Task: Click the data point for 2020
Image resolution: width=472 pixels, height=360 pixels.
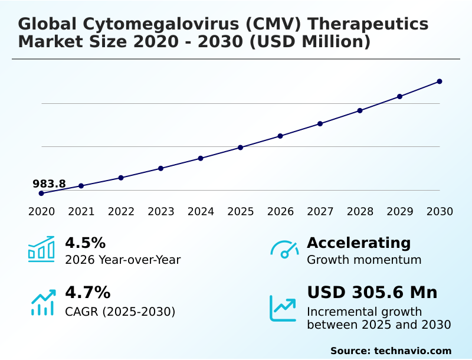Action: pos(41,193)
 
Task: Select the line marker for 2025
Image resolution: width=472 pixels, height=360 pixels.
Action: pos(240,147)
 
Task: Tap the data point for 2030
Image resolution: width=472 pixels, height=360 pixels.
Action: pos(440,81)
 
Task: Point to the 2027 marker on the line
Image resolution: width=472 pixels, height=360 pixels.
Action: pos(320,123)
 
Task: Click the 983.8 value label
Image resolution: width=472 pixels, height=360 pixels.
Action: pos(49,184)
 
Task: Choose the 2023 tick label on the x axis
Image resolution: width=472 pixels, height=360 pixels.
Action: pos(160,211)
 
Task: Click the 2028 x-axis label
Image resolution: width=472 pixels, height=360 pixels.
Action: pos(359,211)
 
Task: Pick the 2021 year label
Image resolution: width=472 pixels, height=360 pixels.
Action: pos(81,211)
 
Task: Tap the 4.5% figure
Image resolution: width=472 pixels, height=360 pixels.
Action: pos(85,243)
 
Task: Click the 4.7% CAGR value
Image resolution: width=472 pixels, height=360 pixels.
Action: pos(87,292)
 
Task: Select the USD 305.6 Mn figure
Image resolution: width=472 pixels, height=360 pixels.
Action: pos(372,292)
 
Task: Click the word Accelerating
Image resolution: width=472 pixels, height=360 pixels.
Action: pos(359,243)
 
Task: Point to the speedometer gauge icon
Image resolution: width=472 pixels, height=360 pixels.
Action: pos(284,249)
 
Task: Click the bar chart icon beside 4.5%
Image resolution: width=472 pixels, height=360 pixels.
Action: pos(41,249)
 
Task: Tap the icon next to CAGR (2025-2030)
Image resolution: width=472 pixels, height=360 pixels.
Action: pos(42,302)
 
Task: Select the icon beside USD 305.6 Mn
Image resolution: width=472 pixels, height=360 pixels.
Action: pos(283,307)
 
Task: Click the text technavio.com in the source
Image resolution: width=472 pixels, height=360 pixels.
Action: pos(412,351)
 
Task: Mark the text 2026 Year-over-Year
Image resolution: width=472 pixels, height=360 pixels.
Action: pos(123,260)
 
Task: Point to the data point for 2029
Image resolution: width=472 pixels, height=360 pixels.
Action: pos(399,96)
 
